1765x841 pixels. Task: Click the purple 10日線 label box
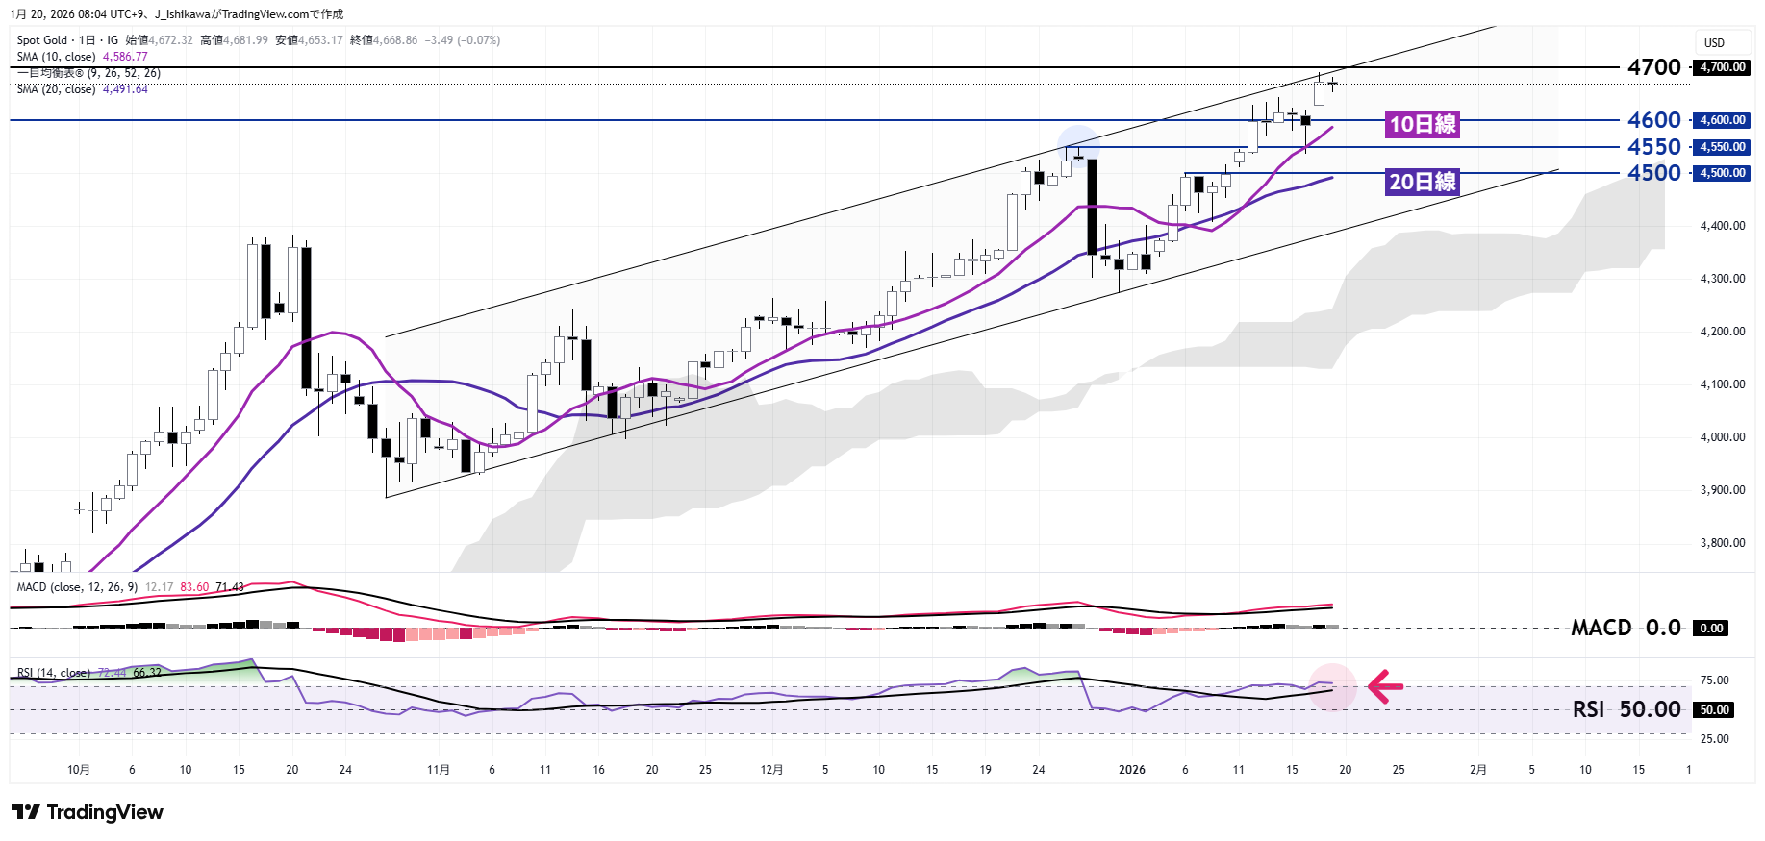1423,124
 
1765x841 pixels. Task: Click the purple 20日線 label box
1423,182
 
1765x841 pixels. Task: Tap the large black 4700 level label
1653,67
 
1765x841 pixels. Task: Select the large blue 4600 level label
1653,120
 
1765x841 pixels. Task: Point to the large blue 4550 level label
1653,147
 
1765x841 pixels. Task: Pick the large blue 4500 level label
1653,173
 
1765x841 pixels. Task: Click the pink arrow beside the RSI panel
1385,686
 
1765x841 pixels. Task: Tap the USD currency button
1714,43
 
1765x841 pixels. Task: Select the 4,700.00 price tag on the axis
1722,67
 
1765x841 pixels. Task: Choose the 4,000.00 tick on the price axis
1722,437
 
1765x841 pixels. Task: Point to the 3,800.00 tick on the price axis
1722,543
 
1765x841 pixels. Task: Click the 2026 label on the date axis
1132,770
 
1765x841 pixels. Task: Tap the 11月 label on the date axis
438,770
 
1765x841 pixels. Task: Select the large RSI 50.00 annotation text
1626,709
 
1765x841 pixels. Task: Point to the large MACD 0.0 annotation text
1626,628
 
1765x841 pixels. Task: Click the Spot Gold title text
42,40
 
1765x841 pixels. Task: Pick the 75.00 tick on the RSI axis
1714,680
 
